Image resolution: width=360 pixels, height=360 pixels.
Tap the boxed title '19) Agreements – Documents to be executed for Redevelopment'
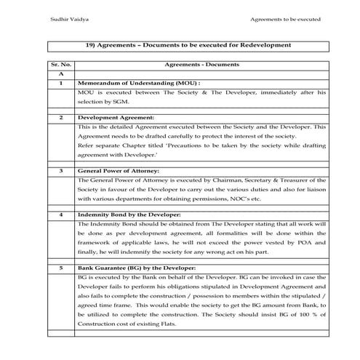(188, 45)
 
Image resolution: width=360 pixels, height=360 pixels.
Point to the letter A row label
(60, 74)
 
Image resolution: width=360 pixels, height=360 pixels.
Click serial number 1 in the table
(60, 84)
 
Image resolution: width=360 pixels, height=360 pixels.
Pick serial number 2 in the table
(60, 116)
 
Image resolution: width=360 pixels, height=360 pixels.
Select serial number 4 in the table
(60, 215)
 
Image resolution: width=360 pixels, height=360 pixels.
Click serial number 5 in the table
(60, 268)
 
